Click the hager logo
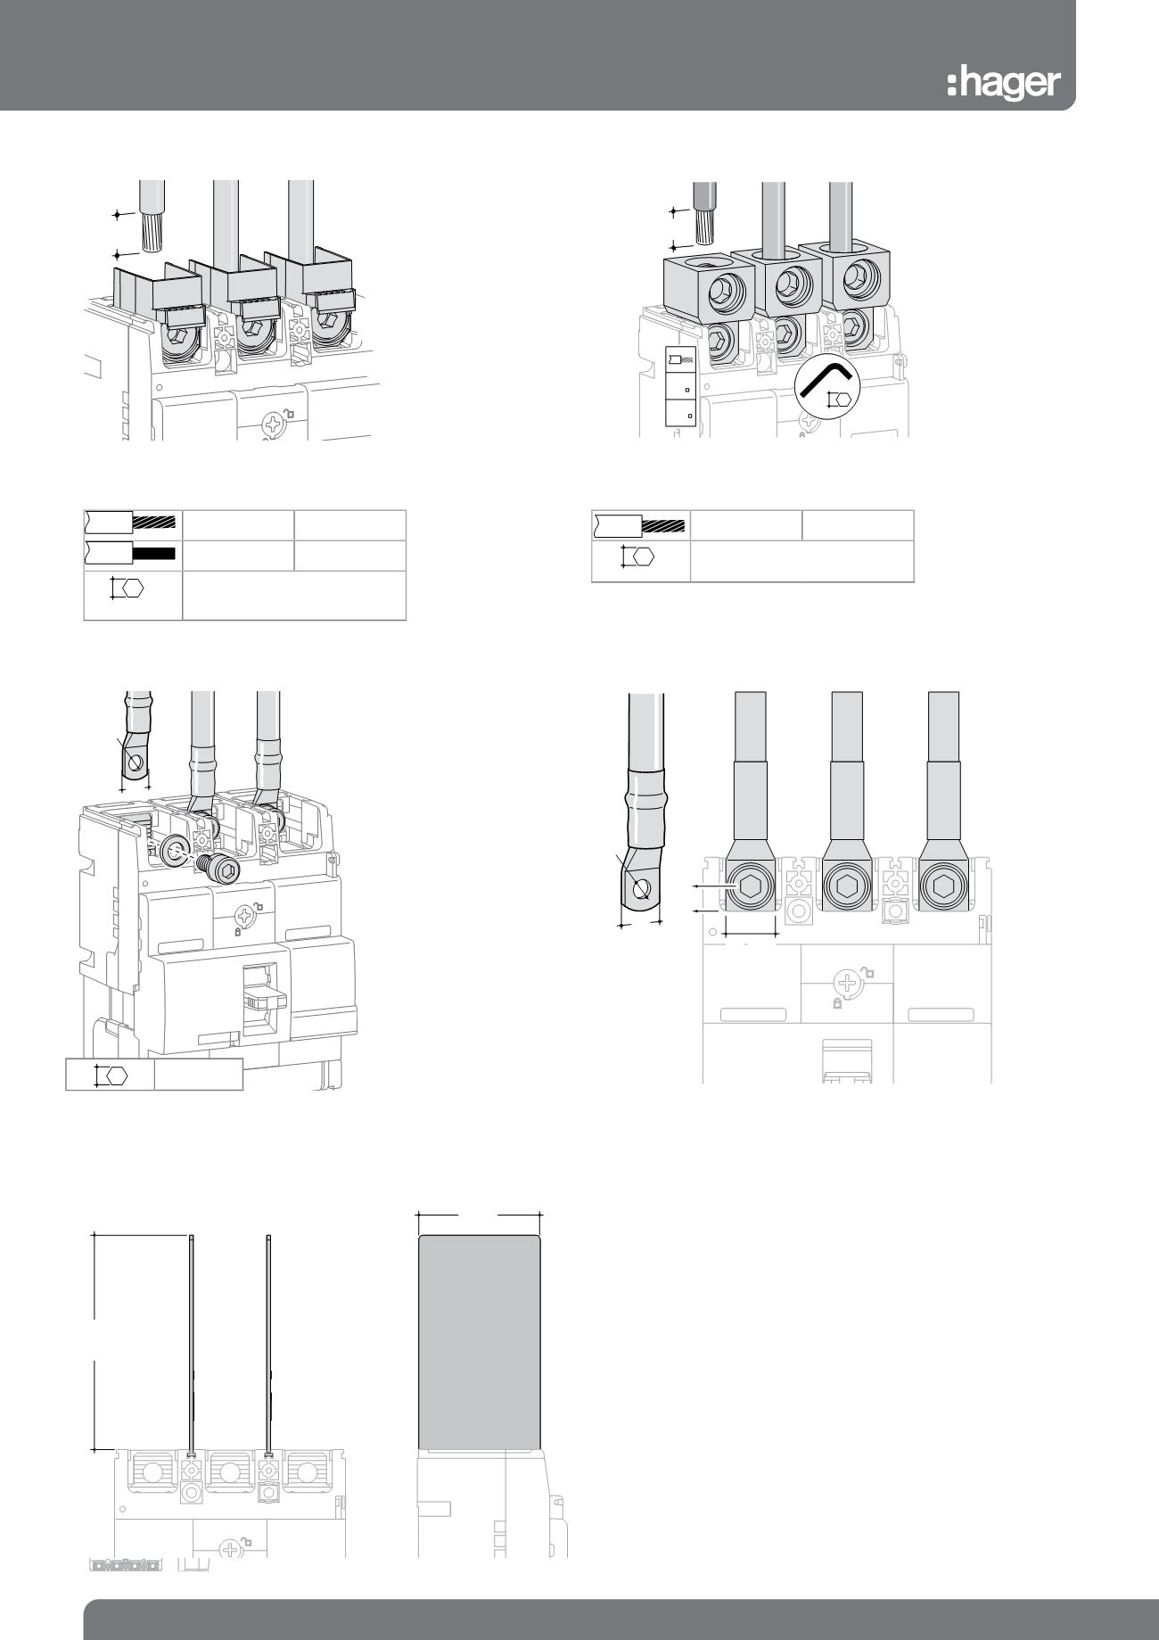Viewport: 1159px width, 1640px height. (1004, 83)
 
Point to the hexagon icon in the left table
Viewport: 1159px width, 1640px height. (128, 589)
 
